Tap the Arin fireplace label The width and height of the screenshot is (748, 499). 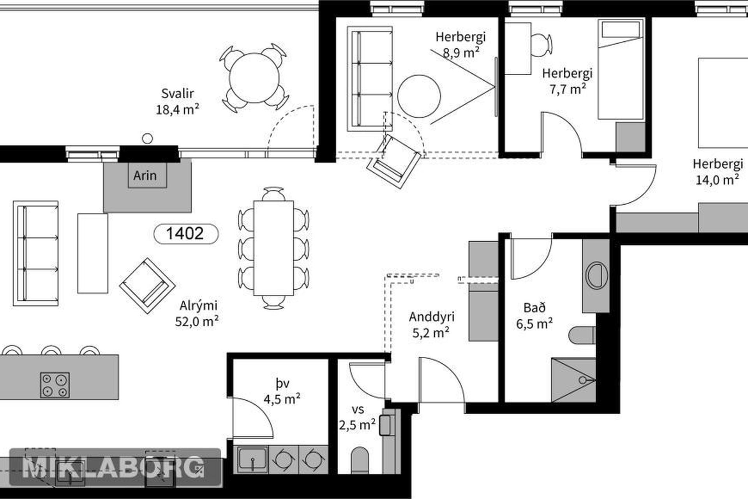(x=145, y=175)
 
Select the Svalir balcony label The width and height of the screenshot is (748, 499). (x=178, y=94)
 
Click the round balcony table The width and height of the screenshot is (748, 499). (x=254, y=78)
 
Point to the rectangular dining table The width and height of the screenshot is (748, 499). (x=273, y=248)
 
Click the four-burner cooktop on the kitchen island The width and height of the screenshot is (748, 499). (x=55, y=385)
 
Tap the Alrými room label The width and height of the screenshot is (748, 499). (x=198, y=305)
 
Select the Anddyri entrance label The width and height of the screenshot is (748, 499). (x=432, y=317)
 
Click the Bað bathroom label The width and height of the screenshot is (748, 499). (x=534, y=308)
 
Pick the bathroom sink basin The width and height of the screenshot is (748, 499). (x=596, y=275)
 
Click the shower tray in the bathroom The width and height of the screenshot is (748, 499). (x=573, y=380)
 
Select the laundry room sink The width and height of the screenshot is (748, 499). (x=252, y=460)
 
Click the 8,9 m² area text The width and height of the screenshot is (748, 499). (x=461, y=53)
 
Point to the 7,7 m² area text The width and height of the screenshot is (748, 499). (x=568, y=89)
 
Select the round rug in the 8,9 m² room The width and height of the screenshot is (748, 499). (x=419, y=96)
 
